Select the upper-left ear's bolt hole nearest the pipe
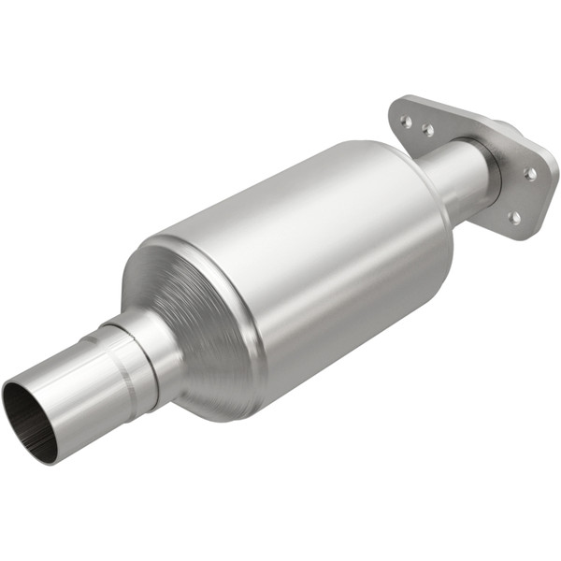tap(427, 132)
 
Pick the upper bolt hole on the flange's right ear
tap(530, 174)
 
